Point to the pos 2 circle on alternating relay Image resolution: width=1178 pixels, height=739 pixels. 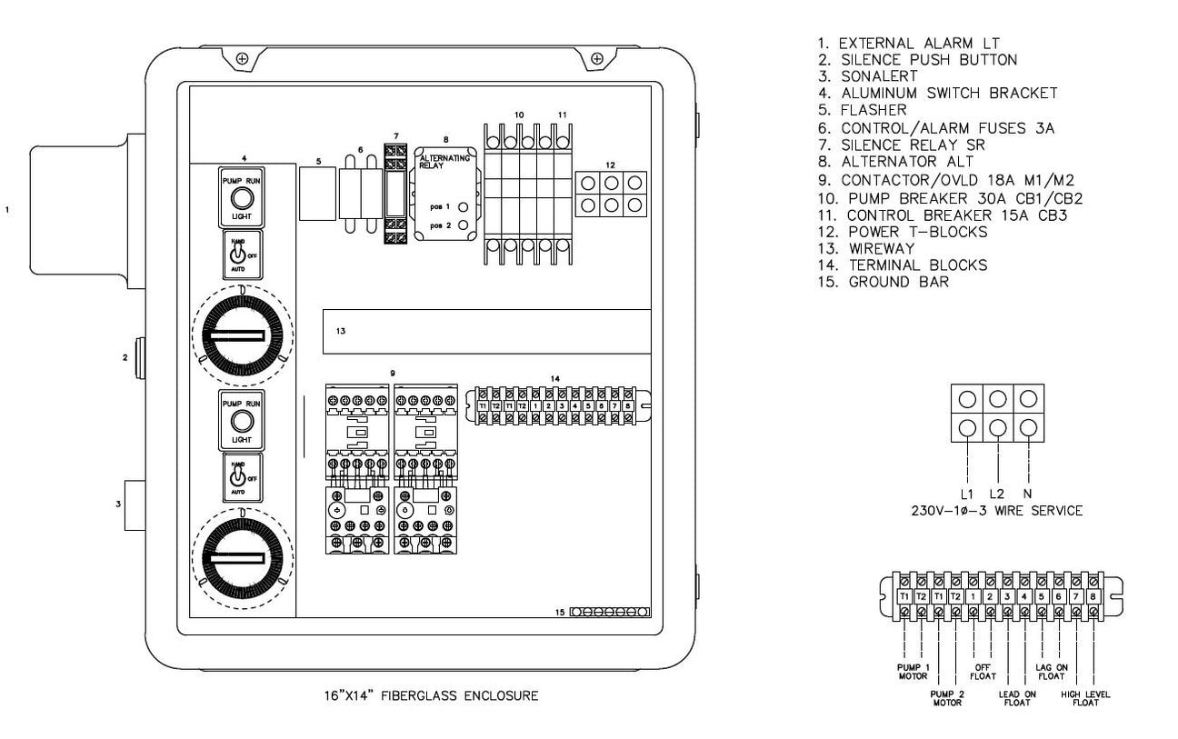[463, 224]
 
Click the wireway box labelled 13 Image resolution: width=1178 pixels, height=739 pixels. [487, 332]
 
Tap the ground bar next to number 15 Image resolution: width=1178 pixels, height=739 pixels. [610, 613]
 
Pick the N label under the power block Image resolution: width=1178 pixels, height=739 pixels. [1028, 494]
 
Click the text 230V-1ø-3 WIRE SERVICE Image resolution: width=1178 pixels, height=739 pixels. [996, 511]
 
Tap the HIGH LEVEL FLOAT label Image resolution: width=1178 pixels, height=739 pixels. [1085, 698]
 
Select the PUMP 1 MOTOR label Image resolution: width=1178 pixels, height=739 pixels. [913, 670]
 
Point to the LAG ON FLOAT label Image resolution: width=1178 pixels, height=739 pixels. [1052, 670]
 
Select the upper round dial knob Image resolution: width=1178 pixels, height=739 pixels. [241, 335]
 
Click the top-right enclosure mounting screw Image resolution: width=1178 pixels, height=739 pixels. [597, 59]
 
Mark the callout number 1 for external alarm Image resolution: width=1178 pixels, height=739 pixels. [8, 208]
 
